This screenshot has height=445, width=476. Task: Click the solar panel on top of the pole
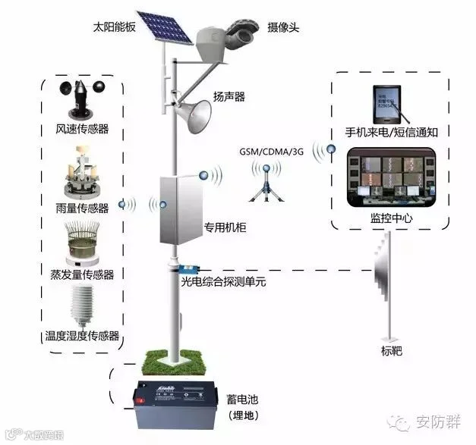pyautogui.click(x=162, y=28)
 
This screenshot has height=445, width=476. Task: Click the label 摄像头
pyautogui.click(x=284, y=27)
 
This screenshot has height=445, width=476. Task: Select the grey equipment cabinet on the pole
pyautogui.click(x=179, y=209)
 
